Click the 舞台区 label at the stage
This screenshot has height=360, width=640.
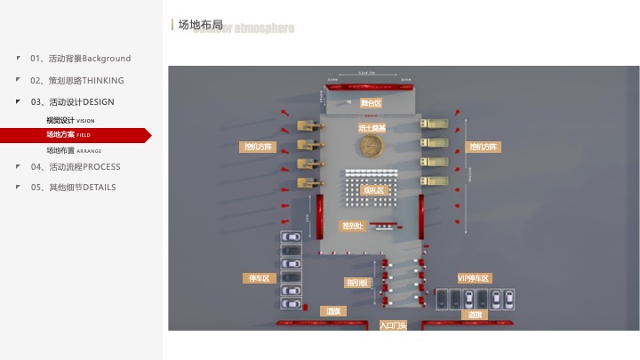(x=371, y=103)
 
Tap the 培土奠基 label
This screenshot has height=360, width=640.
(x=372, y=129)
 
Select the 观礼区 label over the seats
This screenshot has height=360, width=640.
(x=375, y=190)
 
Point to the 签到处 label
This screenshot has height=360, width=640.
(x=353, y=226)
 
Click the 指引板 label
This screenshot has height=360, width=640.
(x=357, y=283)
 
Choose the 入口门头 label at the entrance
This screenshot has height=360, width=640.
(x=392, y=325)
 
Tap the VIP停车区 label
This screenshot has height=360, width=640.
(x=474, y=278)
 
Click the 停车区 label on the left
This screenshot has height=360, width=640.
(x=260, y=278)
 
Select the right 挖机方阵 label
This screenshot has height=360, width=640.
(x=484, y=147)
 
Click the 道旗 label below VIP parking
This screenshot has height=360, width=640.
(x=475, y=315)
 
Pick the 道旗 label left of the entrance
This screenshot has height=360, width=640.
(x=332, y=311)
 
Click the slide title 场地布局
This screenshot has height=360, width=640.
(x=200, y=25)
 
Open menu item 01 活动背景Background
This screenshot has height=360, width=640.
(x=80, y=59)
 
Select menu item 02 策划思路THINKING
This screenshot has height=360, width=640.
(x=77, y=80)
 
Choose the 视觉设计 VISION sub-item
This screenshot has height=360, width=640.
(x=70, y=120)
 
